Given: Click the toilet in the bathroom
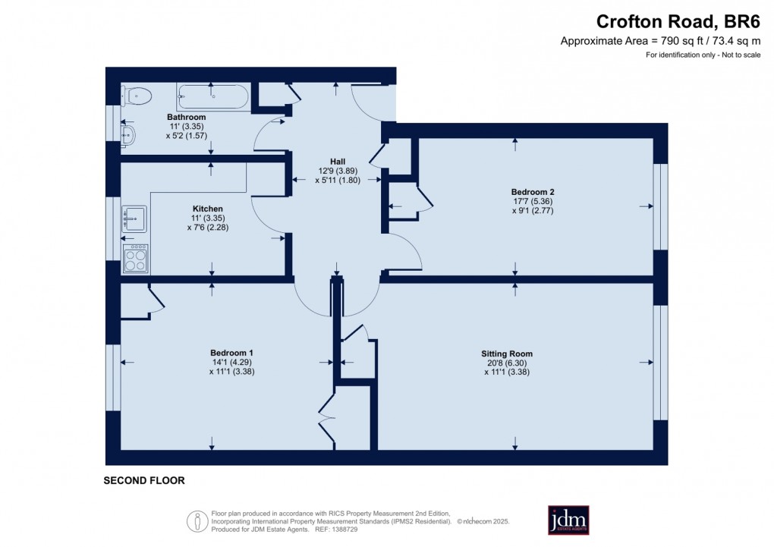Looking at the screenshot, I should coord(137,96).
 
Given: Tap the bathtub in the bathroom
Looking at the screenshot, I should coord(212,97).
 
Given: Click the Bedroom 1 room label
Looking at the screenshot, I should coord(231,353).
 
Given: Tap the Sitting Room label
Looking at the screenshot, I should coord(506,354).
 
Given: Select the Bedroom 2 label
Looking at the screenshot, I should coord(532,192).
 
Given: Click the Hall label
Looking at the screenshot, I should coord(338,162).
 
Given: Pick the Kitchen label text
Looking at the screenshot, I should coord(207,209).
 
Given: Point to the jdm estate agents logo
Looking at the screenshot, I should coord(568,520).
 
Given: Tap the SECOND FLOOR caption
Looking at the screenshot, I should coord(144,480).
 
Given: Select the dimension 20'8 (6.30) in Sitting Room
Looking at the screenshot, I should coord(506,363).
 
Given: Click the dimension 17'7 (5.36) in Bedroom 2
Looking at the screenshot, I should coord(532,201).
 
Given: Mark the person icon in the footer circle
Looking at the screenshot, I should coord(197,521).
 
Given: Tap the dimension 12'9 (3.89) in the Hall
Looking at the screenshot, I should coord(338,171).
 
